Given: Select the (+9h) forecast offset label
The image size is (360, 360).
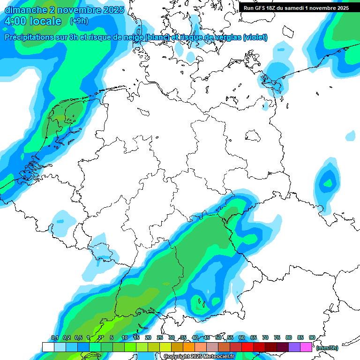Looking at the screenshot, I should (x=79, y=21).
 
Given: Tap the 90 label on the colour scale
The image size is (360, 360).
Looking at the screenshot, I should (x=312, y=337).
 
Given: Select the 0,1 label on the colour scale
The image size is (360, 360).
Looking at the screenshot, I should (x=54, y=337).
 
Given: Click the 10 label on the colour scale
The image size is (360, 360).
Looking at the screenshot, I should (x=124, y=337).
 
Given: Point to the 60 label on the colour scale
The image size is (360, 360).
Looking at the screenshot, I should (x=241, y=337).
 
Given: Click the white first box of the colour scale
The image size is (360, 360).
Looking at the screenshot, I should (x=48, y=347).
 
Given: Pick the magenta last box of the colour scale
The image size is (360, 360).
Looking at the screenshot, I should (x=306, y=347).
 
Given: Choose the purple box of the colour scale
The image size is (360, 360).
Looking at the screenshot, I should (x=294, y=347).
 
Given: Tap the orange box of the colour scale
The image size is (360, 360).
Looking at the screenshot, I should (x=189, y=347).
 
